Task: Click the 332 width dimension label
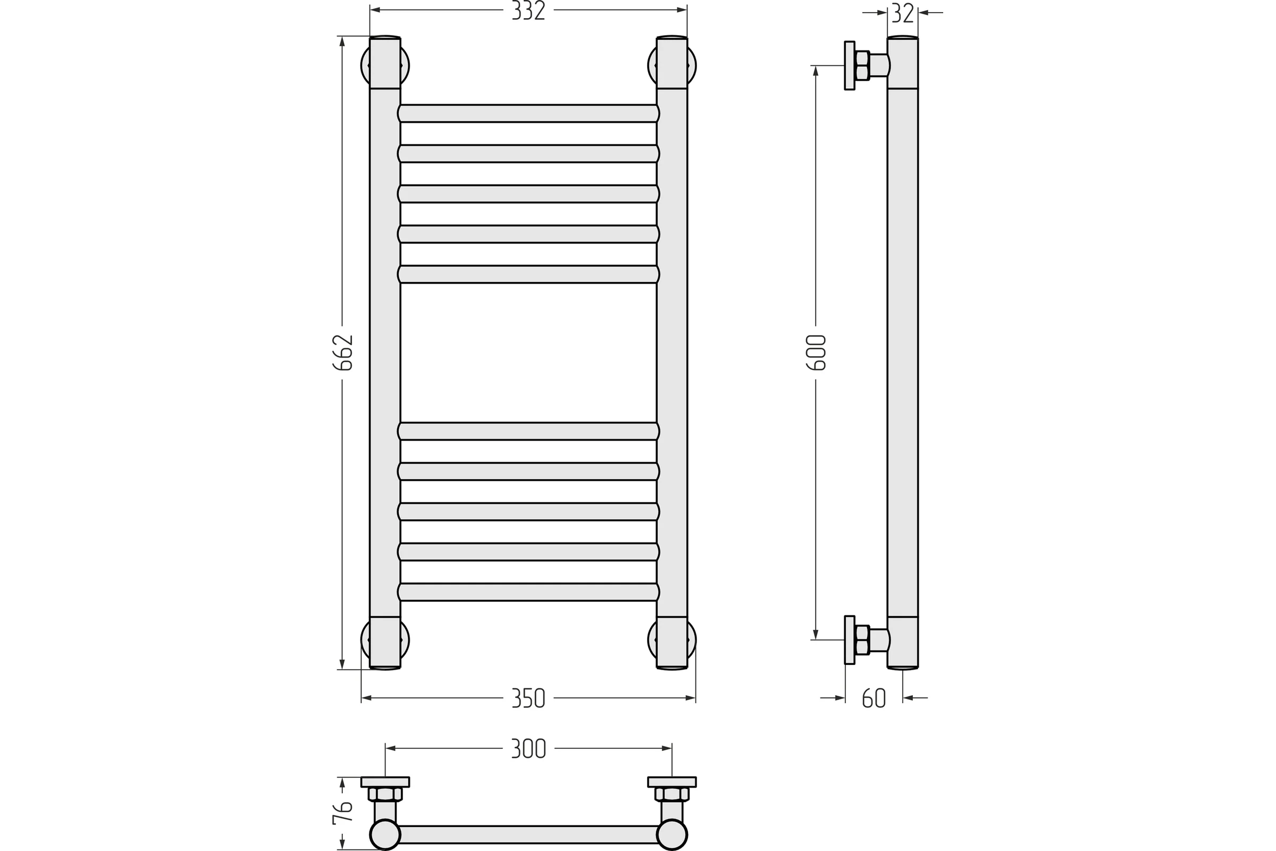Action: (528, 11)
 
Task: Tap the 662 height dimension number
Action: (343, 352)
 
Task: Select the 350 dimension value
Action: (528, 698)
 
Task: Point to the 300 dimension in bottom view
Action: (528, 749)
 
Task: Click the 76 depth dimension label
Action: (343, 813)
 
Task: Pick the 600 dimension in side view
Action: (816, 352)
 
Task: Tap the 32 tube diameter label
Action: (903, 13)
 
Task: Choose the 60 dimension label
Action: (874, 698)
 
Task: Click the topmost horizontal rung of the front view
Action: (528, 113)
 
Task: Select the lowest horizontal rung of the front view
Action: (528, 592)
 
